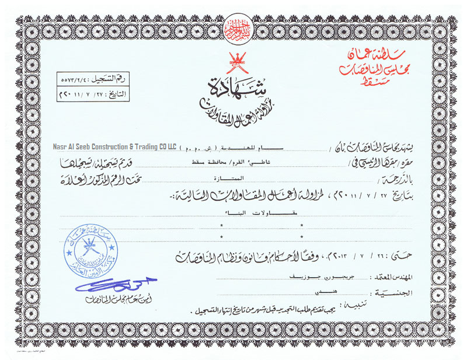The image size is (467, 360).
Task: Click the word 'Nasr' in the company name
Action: (57, 146)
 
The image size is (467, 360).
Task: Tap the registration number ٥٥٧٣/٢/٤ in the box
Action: (76, 78)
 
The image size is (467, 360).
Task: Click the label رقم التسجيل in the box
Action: (109, 78)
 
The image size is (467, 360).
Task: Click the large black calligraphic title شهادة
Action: (234, 86)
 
